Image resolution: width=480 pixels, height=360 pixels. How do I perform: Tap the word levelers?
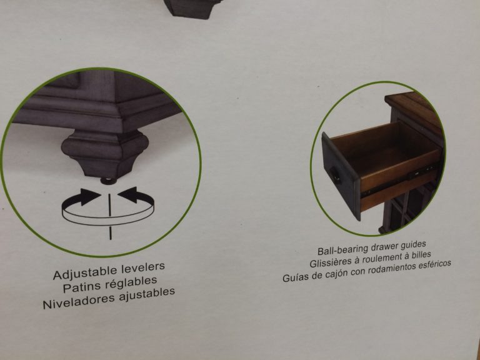tap(143, 267)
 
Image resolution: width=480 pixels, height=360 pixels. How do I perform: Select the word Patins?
tap(81, 287)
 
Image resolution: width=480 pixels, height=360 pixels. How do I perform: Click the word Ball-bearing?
tap(343, 249)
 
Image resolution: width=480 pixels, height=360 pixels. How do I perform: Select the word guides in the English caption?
tap(413, 244)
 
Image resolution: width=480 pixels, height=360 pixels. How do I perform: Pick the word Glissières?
tap(331, 262)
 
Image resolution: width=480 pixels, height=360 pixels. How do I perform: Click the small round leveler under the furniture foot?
tap(109, 181)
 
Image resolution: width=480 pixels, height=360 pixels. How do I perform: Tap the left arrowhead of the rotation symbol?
tap(90, 196)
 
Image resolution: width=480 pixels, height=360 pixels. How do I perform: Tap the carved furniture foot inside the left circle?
tap(105, 154)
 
